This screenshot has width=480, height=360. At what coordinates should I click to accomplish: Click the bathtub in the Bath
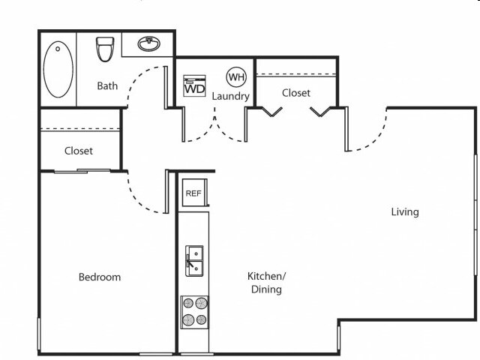tap(58, 69)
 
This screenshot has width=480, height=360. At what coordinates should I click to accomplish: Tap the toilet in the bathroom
tap(105, 49)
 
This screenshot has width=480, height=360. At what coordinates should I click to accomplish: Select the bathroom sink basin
tap(148, 43)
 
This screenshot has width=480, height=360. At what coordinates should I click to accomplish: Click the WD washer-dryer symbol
tap(194, 85)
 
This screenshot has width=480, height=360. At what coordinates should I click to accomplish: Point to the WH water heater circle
tap(236, 76)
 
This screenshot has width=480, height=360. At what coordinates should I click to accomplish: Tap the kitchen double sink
tap(194, 260)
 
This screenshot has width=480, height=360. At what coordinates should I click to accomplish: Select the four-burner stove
tap(195, 312)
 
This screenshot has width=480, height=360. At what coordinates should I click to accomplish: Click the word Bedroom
tap(100, 277)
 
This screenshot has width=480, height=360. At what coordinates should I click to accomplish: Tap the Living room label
tap(405, 211)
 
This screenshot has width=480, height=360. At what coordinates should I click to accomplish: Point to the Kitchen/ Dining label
tap(266, 283)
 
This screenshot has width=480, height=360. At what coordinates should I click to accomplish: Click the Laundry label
tap(231, 97)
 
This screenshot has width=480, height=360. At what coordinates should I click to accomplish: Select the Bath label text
tap(107, 85)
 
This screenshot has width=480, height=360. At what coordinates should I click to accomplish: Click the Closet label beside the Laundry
tap(296, 93)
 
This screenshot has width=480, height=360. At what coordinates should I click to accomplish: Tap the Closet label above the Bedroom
tap(79, 151)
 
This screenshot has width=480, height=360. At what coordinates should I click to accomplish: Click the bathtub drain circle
tap(58, 49)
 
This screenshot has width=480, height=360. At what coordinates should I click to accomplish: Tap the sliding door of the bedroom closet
tap(82, 171)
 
